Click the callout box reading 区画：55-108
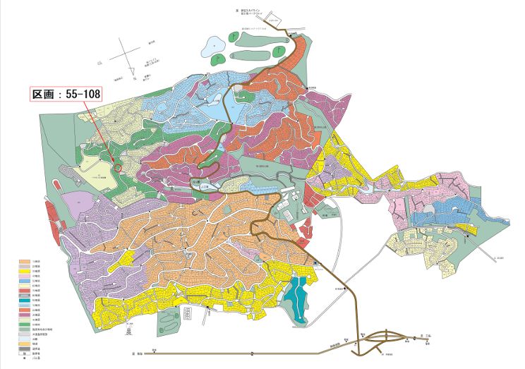[x=65, y=94]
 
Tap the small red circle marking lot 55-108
[x=117, y=168]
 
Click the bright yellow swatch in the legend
[x=23, y=270]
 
